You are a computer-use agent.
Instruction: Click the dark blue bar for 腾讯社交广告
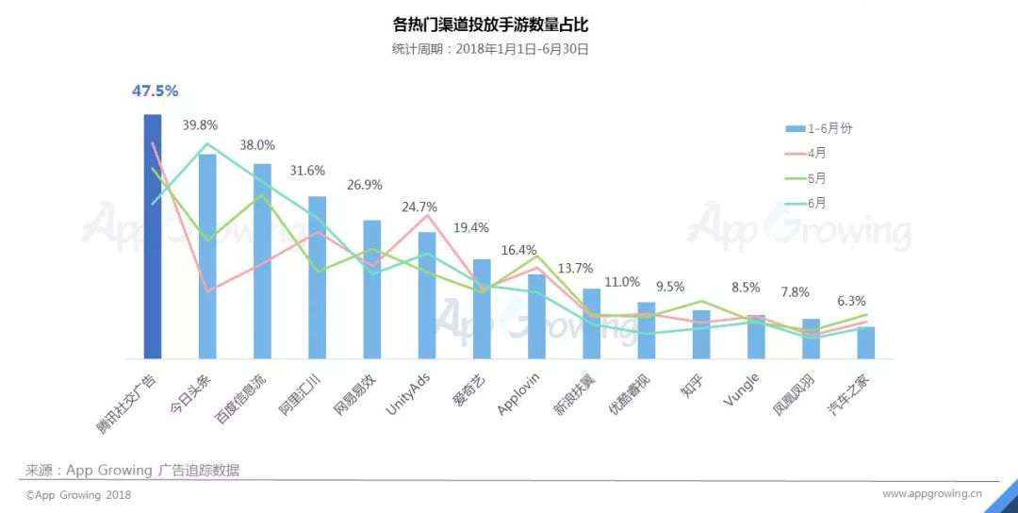[x=153, y=236]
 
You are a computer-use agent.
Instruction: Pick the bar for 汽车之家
[x=865, y=342]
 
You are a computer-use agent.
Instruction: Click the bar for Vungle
[x=756, y=337]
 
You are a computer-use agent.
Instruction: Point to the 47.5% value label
[x=155, y=91]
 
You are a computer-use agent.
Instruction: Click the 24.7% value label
[x=419, y=207]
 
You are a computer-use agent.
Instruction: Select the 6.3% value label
[x=851, y=301]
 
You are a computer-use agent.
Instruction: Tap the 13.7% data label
[x=577, y=268]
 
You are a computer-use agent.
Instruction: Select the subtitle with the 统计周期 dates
[x=490, y=49]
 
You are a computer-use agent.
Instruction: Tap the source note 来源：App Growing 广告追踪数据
[x=132, y=470]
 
